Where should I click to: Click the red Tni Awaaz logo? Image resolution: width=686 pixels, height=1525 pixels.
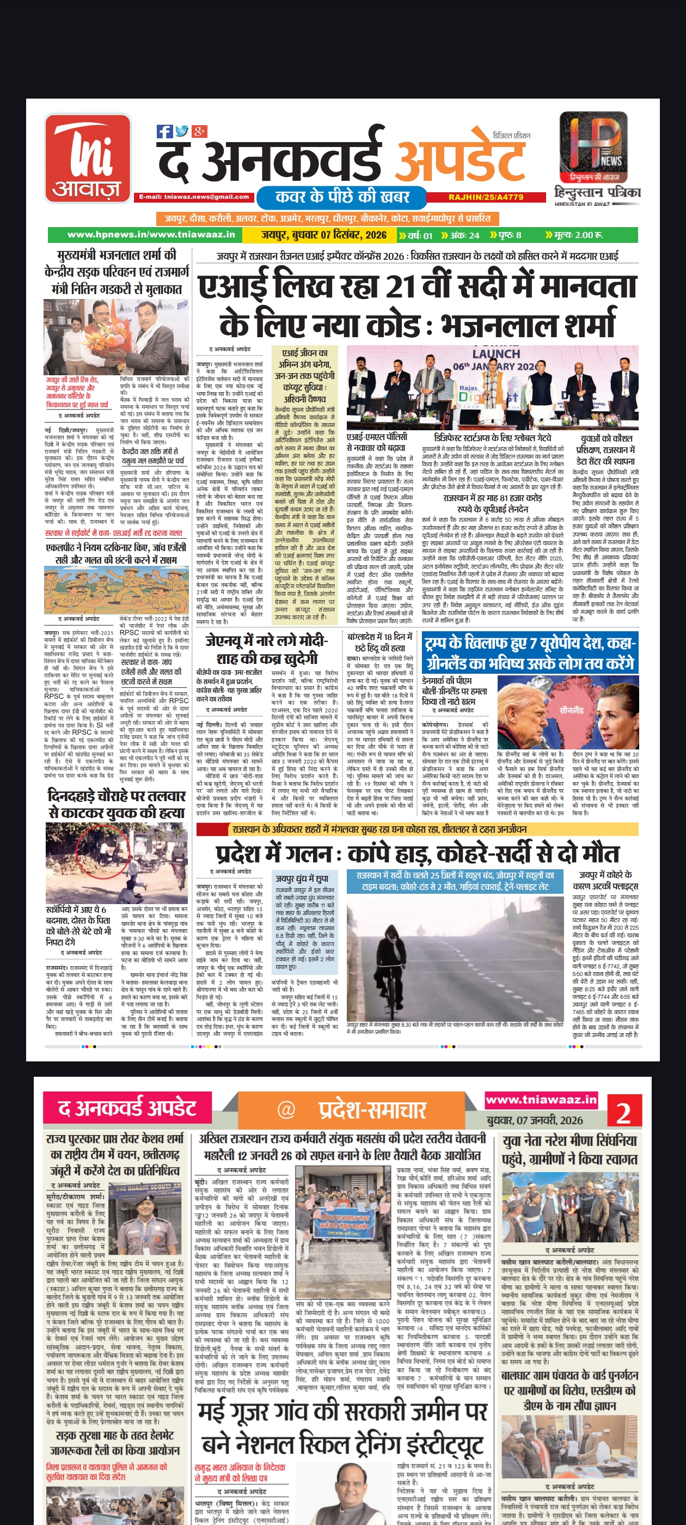(88, 158)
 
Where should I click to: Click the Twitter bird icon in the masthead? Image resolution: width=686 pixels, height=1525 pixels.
(182, 131)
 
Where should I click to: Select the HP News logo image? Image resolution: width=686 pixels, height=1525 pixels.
(593, 148)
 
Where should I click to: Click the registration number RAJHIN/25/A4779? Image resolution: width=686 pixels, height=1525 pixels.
(485, 197)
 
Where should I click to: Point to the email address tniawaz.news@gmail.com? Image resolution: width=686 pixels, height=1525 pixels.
(194, 197)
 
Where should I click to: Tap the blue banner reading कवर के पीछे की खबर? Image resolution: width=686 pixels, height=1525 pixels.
(342, 197)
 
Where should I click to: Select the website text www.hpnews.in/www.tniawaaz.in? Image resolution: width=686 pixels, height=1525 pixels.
(151, 235)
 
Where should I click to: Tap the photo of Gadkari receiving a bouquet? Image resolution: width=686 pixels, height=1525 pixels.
(117, 336)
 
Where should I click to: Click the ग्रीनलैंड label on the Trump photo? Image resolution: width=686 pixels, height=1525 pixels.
(571, 710)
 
